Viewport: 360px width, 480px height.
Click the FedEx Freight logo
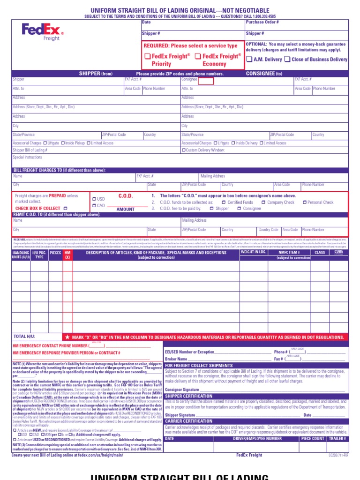point(42,32)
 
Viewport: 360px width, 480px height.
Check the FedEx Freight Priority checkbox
point(148,56)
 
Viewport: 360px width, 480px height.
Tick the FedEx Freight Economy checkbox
point(198,56)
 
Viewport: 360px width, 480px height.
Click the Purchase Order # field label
point(262,22)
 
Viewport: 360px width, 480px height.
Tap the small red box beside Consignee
point(206,81)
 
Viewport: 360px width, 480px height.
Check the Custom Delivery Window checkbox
point(184,150)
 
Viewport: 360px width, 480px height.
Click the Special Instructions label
point(28,157)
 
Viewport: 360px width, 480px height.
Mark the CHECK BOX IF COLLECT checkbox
point(66,208)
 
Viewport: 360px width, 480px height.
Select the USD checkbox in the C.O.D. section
point(95,199)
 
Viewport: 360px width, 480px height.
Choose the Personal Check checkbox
point(305,202)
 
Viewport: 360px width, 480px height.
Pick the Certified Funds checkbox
point(224,202)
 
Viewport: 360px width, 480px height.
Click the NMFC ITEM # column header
point(289,252)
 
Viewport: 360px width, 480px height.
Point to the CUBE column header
point(338,252)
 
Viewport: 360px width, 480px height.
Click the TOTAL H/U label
point(25,337)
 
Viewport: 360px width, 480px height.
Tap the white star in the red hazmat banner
point(67,337)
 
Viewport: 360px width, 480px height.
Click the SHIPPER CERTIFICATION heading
point(189,396)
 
